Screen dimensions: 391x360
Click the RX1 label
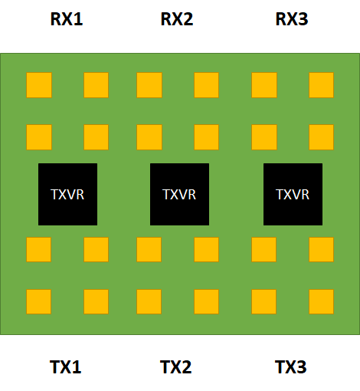[66, 19]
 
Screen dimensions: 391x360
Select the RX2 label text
[176, 19]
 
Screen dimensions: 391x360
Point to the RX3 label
[291, 19]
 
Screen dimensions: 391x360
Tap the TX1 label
[66, 367]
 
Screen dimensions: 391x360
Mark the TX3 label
[291, 367]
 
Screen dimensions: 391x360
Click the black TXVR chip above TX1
[67, 194]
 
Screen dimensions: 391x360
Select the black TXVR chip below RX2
[179, 194]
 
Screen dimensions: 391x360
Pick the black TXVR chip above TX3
[293, 194]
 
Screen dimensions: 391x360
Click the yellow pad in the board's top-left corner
[39, 85]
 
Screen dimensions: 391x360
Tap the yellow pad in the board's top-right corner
[322, 85]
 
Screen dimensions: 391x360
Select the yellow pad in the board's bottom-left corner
[39, 301]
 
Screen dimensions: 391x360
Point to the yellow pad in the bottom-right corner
[322, 301]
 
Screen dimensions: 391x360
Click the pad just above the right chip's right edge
[322, 137]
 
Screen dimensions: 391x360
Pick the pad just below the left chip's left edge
[39, 249]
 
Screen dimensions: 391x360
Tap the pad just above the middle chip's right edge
[207, 137]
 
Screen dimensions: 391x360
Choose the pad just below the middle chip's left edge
[149, 249]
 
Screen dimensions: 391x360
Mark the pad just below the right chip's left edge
[264, 249]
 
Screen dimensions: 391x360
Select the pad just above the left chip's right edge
[97, 137]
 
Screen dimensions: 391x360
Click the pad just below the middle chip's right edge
[207, 249]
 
